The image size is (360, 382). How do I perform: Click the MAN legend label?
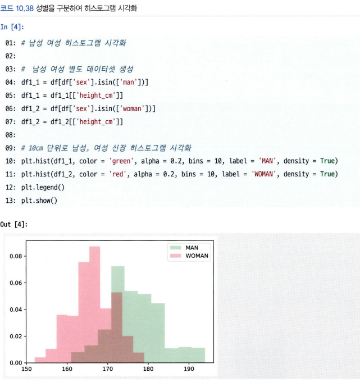point(192,248)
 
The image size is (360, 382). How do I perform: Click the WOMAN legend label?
point(197,256)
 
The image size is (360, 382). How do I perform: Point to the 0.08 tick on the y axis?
point(16,256)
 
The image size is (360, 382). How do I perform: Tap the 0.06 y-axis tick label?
point(16,283)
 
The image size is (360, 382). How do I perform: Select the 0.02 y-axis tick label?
point(16,336)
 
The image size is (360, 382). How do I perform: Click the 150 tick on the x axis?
point(26,369)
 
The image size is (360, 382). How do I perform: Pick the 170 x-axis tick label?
point(108,369)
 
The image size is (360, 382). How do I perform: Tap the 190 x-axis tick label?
point(189,369)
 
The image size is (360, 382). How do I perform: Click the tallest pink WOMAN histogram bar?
point(94,304)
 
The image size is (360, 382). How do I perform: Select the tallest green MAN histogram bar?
point(118,314)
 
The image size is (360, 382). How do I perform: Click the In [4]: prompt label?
point(12,27)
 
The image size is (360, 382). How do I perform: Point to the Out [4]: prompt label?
point(14,224)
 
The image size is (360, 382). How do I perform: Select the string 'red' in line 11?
point(117,174)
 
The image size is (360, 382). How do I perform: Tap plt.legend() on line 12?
point(43,187)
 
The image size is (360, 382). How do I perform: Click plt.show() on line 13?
point(39,201)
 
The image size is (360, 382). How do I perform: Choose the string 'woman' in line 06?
point(132,108)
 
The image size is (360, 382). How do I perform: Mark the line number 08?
point(11,135)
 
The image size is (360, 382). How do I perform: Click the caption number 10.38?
point(25,8)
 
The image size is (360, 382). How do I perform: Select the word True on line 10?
point(327,161)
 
